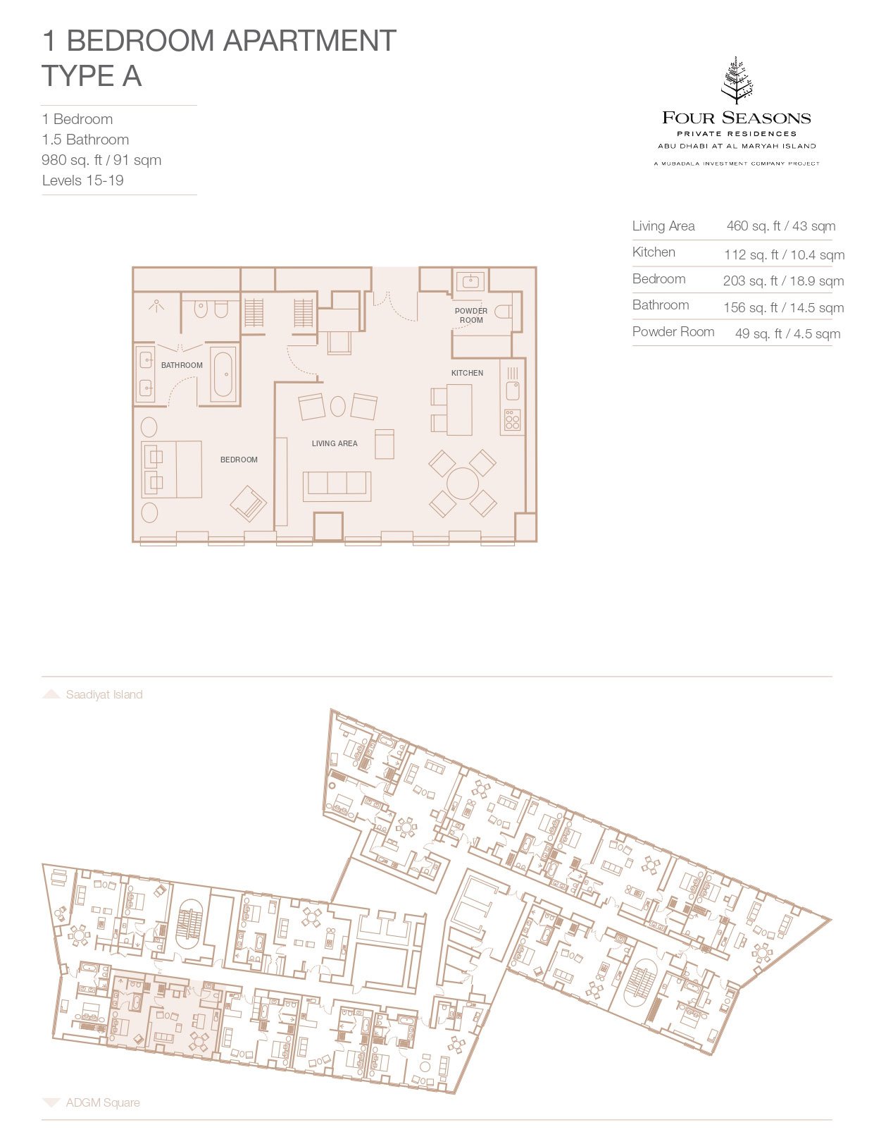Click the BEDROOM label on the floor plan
point(239,460)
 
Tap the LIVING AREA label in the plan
point(335,443)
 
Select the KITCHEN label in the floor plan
point(467,373)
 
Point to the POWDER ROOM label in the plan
point(471,315)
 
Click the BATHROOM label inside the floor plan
point(182,365)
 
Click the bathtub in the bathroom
point(225,374)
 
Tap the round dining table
point(463,483)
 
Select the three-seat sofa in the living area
point(337,486)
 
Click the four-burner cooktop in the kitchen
point(512,420)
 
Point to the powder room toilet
point(503,312)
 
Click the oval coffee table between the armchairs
point(338,406)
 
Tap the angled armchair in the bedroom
point(249,504)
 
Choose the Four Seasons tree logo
point(737,81)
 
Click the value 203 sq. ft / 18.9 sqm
point(783,281)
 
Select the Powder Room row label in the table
point(673,332)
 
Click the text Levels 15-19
point(83,180)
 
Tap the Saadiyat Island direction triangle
point(51,694)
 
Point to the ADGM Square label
point(103,1102)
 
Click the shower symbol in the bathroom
point(156,305)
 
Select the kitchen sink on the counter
point(513,390)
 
